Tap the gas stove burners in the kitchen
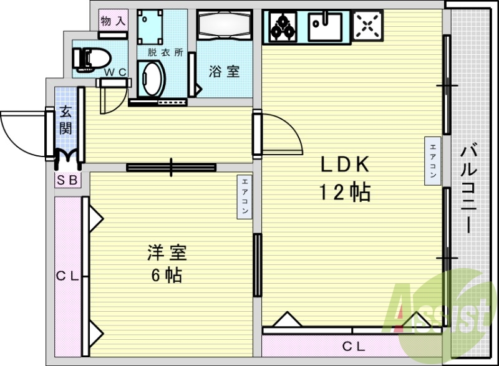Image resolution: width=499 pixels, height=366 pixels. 283,26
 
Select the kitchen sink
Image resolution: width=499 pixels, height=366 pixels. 325,26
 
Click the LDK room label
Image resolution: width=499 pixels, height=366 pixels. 346,165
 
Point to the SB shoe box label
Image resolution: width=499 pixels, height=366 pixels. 67,180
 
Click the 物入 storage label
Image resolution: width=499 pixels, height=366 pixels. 113,21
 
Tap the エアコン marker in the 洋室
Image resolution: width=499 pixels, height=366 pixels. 245,197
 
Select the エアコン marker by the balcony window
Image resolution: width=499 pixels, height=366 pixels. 432,160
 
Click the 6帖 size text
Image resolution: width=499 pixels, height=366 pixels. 167,275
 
